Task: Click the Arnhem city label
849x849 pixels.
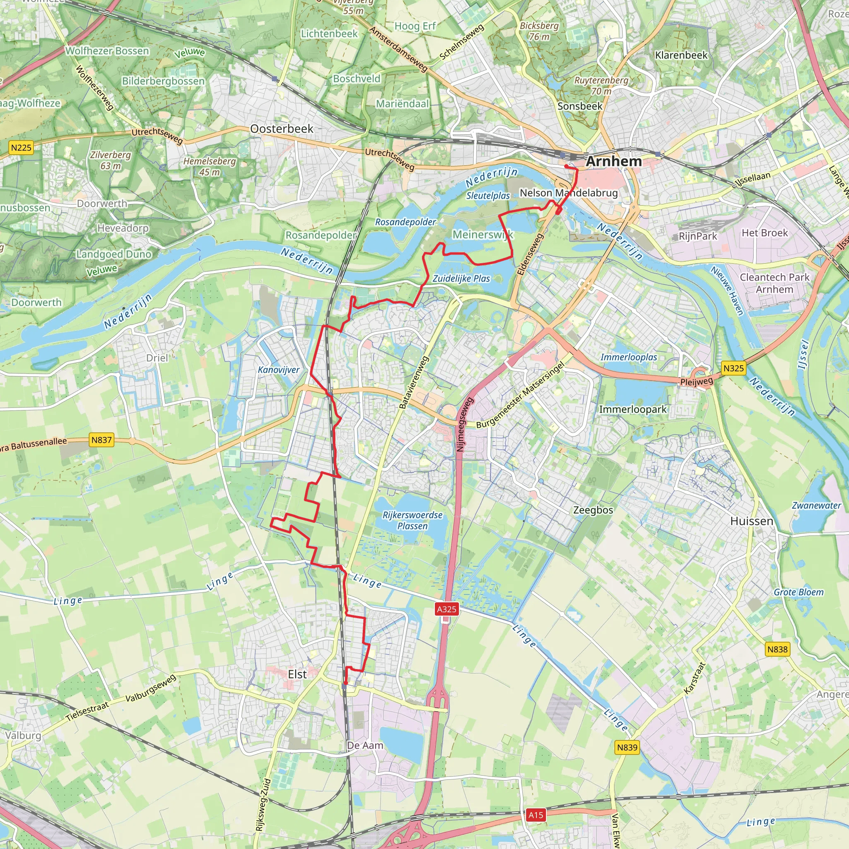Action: (614, 161)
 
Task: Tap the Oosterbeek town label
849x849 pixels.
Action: (281, 129)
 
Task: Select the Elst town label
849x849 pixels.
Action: (297, 674)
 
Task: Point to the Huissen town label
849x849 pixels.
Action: (752, 521)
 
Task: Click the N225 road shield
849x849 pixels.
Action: (21, 147)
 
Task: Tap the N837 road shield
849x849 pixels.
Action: (102, 440)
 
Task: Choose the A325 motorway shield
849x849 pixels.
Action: (446, 609)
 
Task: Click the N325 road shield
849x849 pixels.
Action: (733, 368)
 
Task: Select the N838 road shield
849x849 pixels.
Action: (777, 649)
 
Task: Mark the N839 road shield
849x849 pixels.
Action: (627, 747)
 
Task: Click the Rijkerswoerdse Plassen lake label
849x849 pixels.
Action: (412, 520)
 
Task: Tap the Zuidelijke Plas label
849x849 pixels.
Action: (461, 279)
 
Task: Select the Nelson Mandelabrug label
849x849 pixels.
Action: (569, 193)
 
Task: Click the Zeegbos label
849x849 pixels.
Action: (593, 510)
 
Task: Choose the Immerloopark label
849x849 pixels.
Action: (633, 410)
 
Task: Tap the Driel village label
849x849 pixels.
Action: (157, 358)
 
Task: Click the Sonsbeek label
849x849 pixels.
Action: (580, 107)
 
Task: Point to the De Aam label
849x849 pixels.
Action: (365, 745)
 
